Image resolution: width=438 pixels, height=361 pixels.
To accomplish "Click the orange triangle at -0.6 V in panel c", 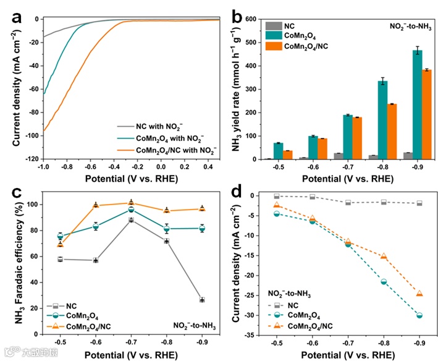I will (x=96, y=205).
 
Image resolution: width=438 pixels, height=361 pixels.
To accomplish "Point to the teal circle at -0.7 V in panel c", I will (x=131, y=210).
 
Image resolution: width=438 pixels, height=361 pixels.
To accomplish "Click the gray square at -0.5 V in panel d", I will (x=277, y=196).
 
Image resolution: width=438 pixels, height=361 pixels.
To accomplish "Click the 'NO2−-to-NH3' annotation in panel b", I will (x=402, y=27).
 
